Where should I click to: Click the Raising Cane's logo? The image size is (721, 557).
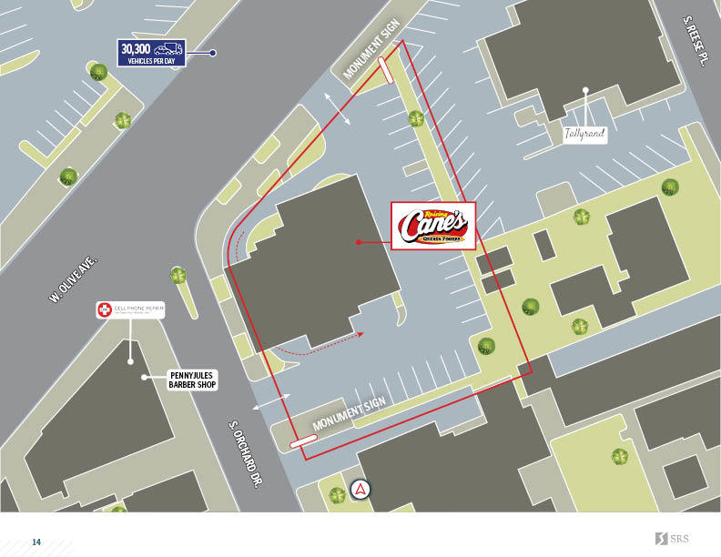(x=433, y=225)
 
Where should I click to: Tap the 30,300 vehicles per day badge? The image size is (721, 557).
(x=151, y=53)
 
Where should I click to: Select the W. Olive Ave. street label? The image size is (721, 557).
(x=74, y=278)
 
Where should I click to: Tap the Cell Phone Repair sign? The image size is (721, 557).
(x=130, y=310)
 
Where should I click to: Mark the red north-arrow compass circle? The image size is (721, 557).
(x=361, y=489)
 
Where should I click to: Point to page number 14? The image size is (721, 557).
(x=36, y=542)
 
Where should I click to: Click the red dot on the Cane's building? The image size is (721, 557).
(x=359, y=242)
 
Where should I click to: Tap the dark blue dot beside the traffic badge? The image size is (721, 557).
(x=213, y=53)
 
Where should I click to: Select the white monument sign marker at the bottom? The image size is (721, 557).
(x=303, y=441)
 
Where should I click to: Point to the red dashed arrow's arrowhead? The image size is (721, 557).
(x=360, y=335)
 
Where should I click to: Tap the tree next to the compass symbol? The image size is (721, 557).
(x=337, y=495)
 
